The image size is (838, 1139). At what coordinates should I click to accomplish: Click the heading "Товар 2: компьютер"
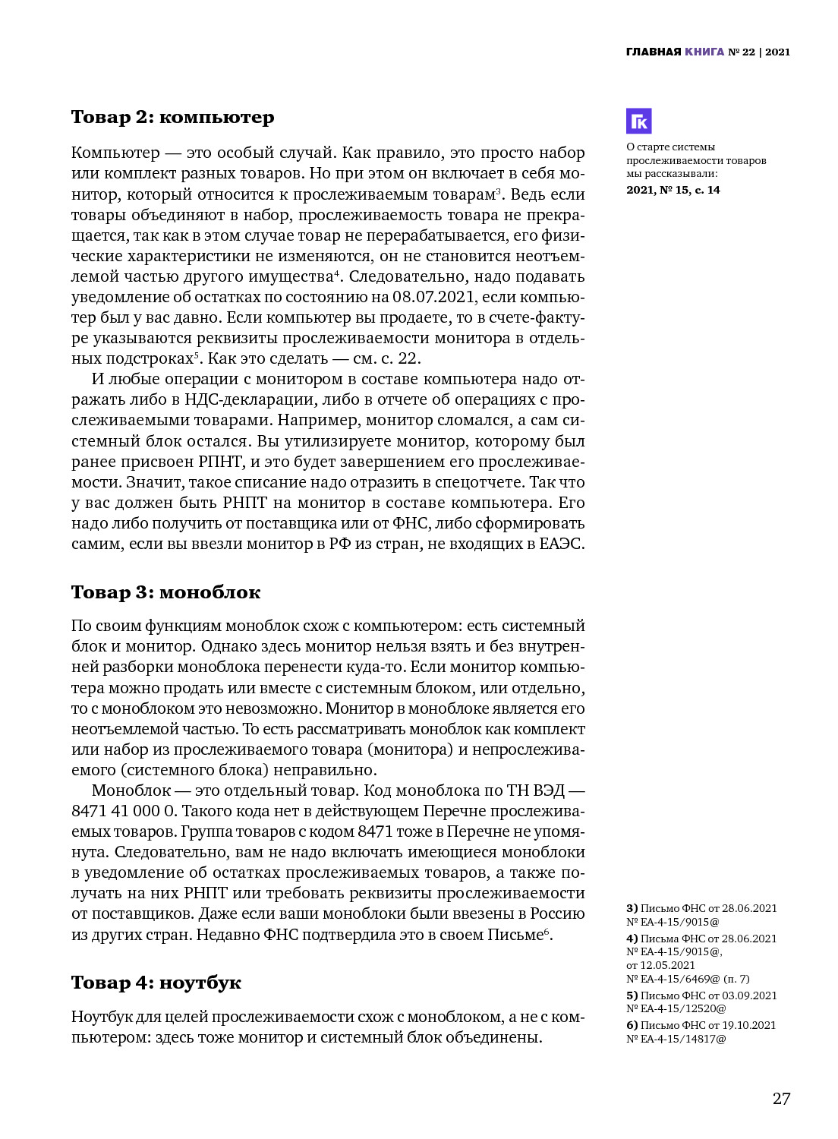(172, 117)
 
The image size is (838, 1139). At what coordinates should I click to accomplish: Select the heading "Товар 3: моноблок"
(165, 592)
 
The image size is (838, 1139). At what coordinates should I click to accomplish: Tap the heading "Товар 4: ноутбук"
(156, 983)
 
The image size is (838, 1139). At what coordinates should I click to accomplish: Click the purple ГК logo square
(638, 121)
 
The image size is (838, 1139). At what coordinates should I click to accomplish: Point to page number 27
(781, 1099)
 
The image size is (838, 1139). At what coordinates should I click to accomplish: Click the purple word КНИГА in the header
(704, 52)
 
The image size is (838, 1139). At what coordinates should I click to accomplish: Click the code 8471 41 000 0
(123, 811)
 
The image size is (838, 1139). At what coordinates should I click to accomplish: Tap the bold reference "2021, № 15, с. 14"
(673, 190)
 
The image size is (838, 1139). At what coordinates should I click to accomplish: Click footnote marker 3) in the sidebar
(632, 908)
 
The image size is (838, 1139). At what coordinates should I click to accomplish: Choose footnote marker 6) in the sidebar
(632, 1025)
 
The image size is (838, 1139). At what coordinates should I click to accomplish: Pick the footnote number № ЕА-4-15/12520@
(676, 1008)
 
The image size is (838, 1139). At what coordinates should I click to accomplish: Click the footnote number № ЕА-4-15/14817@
(676, 1039)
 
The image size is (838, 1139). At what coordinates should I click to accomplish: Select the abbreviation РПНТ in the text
(219, 462)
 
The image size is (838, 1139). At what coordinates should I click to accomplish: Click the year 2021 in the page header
(777, 52)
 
